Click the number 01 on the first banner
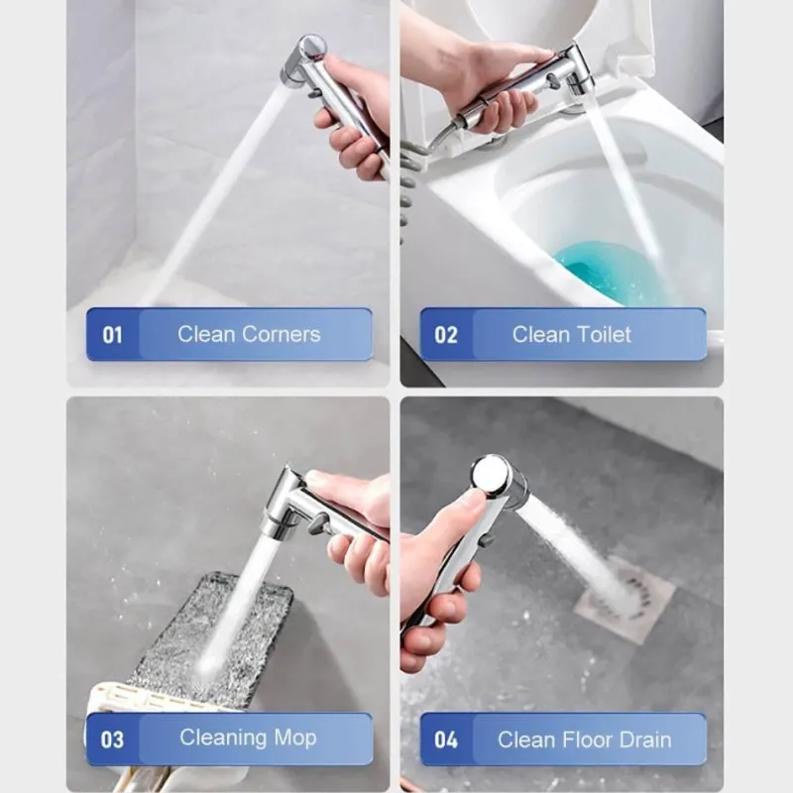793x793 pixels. click(x=112, y=335)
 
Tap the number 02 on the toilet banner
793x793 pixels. click(x=445, y=335)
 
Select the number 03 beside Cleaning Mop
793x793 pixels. click(x=112, y=739)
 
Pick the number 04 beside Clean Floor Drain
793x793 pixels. click(x=445, y=739)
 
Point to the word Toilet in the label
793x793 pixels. click(x=604, y=334)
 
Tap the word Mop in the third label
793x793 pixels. click(x=295, y=738)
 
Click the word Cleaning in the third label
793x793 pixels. click(x=224, y=738)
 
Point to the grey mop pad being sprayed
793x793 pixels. click(x=212, y=637)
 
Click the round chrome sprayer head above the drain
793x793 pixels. click(x=492, y=476)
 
